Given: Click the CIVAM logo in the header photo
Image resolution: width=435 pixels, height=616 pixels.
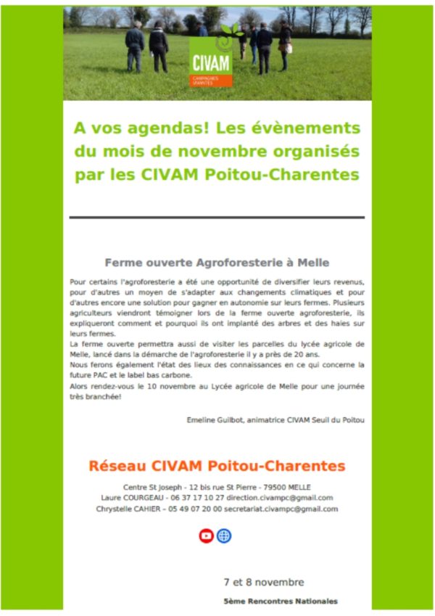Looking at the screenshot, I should point(211,59).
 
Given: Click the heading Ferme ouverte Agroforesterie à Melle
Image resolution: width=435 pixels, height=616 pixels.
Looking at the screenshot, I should point(217,262).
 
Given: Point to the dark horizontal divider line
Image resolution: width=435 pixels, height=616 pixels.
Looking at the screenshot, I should point(217,217).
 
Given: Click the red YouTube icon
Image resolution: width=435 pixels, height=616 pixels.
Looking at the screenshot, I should point(207,535).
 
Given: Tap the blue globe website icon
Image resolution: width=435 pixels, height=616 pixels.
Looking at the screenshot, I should point(225,535).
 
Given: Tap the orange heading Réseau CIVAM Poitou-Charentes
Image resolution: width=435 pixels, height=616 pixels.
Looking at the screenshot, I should point(217,465).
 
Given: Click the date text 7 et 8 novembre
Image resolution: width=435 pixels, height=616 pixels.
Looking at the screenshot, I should point(264,582).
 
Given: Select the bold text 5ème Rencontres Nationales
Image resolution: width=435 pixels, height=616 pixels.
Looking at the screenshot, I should point(281,601).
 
